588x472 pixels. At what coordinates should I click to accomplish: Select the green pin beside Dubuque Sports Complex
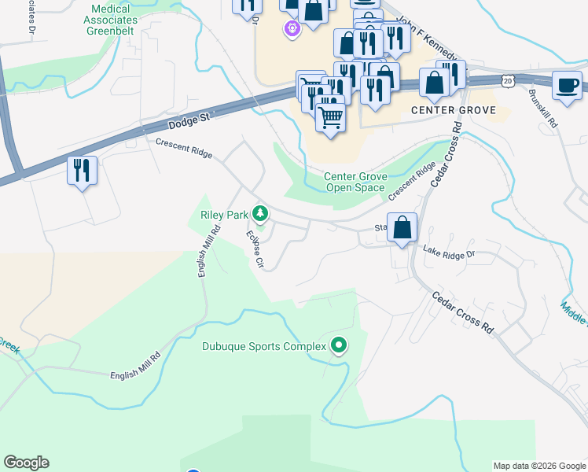point(339,345)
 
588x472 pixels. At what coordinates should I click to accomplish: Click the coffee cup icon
point(566,86)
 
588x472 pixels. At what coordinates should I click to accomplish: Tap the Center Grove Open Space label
point(355,182)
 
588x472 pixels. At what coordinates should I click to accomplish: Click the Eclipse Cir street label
point(253,249)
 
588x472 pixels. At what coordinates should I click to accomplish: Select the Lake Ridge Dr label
point(449,253)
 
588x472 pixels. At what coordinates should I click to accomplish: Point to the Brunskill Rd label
point(543,111)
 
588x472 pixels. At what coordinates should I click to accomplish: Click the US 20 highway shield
point(509,80)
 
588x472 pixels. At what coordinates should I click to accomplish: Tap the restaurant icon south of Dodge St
point(82,171)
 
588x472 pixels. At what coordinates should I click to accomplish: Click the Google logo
point(26,463)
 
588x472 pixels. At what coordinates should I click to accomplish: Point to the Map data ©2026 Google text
point(538,466)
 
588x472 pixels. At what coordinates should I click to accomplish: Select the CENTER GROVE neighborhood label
point(454,110)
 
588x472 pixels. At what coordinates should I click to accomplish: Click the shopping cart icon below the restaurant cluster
point(331,118)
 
